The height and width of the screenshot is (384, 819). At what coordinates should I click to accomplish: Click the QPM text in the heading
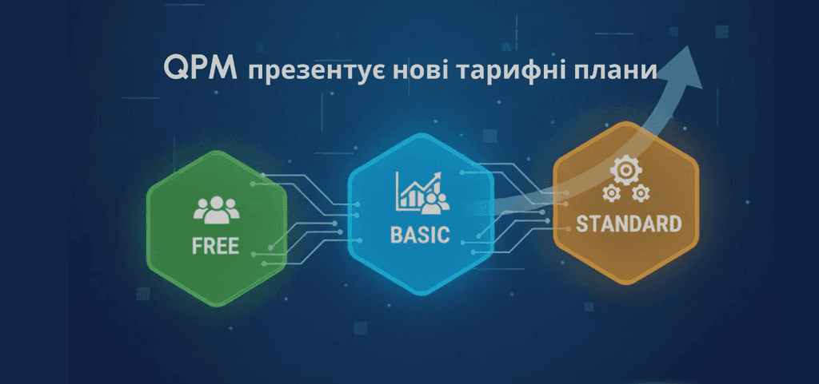click(x=201, y=69)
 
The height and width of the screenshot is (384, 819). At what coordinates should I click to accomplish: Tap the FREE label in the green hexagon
click(x=215, y=244)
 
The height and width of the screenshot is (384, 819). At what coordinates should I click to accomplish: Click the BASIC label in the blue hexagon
click(x=420, y=236)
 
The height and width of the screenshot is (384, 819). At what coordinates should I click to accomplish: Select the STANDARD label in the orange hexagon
click(x=629, y=224)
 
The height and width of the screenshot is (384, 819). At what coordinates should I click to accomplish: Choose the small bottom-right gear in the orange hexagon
click(x=640, y=194)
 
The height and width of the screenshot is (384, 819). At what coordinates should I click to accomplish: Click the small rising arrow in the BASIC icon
click(x=434, y=177)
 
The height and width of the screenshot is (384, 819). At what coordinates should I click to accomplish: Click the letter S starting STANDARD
click(x=582, y=224)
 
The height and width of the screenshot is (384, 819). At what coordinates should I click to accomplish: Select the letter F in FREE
click(x=198, y=244)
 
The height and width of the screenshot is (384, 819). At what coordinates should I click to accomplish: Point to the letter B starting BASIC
click(x=396, y=236)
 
